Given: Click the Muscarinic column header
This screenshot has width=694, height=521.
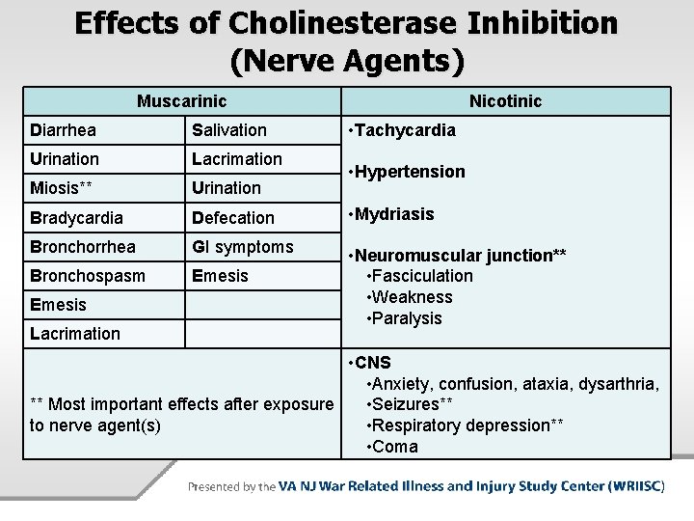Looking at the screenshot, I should click(x=181, y=100).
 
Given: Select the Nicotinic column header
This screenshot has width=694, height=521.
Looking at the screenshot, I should click(x=505, y=100).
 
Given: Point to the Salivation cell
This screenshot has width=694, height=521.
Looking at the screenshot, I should click(x=229, y=130).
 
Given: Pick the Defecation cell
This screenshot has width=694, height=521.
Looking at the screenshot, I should click(x=233, y=218).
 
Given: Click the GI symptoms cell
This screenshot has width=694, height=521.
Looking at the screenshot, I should click(x=242, y=247).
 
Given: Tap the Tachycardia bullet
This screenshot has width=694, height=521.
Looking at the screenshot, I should click(x=405, y=130).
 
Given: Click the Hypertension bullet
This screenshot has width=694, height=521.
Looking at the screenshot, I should click(x=410, y=172).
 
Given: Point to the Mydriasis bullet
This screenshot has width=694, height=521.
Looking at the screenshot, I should click(x=394, y=214).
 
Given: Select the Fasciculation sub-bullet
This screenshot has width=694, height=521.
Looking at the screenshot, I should click(x=419, y=276).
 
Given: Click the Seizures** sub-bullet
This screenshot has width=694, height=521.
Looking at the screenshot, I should click(x=410, y=404).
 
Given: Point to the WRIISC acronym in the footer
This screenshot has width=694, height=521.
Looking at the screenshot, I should click(x=637, y=486).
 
